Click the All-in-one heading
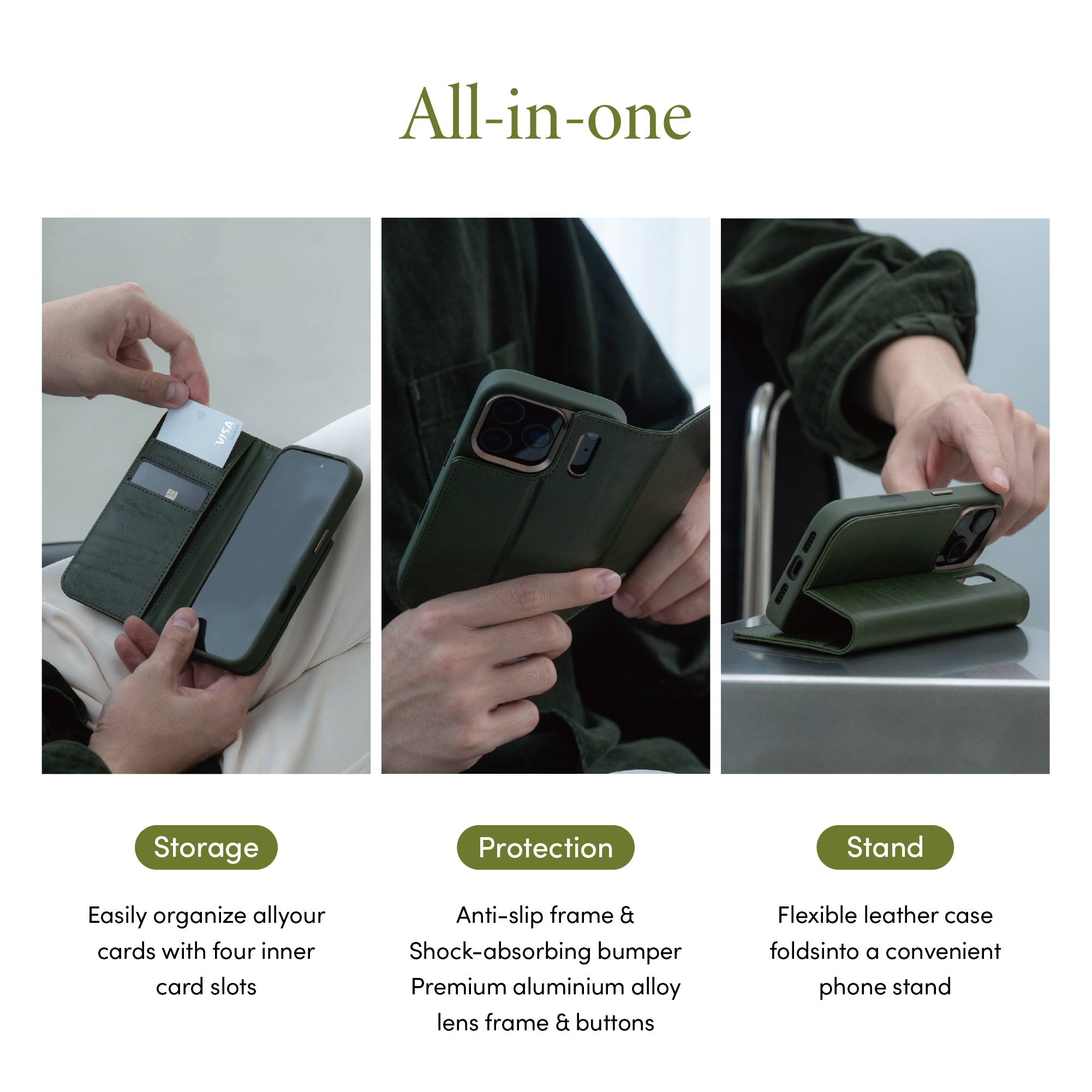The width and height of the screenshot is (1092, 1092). pos(545,113)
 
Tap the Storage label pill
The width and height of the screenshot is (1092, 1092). pos(206,848)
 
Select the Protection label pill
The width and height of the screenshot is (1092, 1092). pos(545,848)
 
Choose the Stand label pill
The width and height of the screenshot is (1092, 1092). pos(885,848)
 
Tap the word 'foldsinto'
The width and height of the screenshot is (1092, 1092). pos(814,951)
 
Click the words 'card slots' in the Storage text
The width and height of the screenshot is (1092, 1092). pos(206,987)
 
